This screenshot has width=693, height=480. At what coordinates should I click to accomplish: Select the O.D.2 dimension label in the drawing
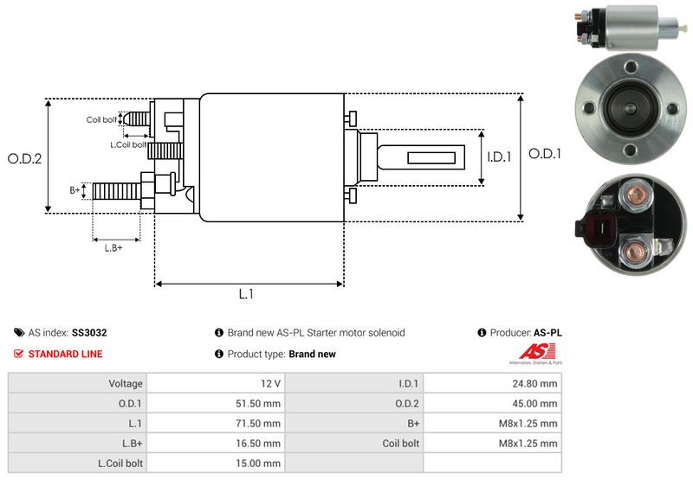pyautogui.click(x=24, y=158)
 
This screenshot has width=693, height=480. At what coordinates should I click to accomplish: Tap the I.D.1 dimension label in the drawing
pyautogui.click(x=500, y=157)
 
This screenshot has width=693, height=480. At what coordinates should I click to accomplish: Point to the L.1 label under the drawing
pyautogui.click(x=246, y=294)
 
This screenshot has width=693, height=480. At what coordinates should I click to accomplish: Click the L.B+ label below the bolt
pyautogui.click(x=113, y=248)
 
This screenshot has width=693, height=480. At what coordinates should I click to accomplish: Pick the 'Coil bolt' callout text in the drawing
pyautogui.click(x=100, y=119)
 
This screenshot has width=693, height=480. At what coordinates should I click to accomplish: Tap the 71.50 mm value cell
pyautogui.click(x=261, y=423)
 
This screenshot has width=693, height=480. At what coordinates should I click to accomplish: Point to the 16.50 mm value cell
pyautogui.click(x=261, y=443)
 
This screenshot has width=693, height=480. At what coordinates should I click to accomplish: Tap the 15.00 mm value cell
pyautogui.click(x=261, y=463)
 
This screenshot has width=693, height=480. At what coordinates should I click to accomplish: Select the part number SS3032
pyautogui.click(x=89, y=332)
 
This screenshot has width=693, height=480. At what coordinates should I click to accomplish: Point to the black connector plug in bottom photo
pyautogui.click(x=596, y=228)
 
